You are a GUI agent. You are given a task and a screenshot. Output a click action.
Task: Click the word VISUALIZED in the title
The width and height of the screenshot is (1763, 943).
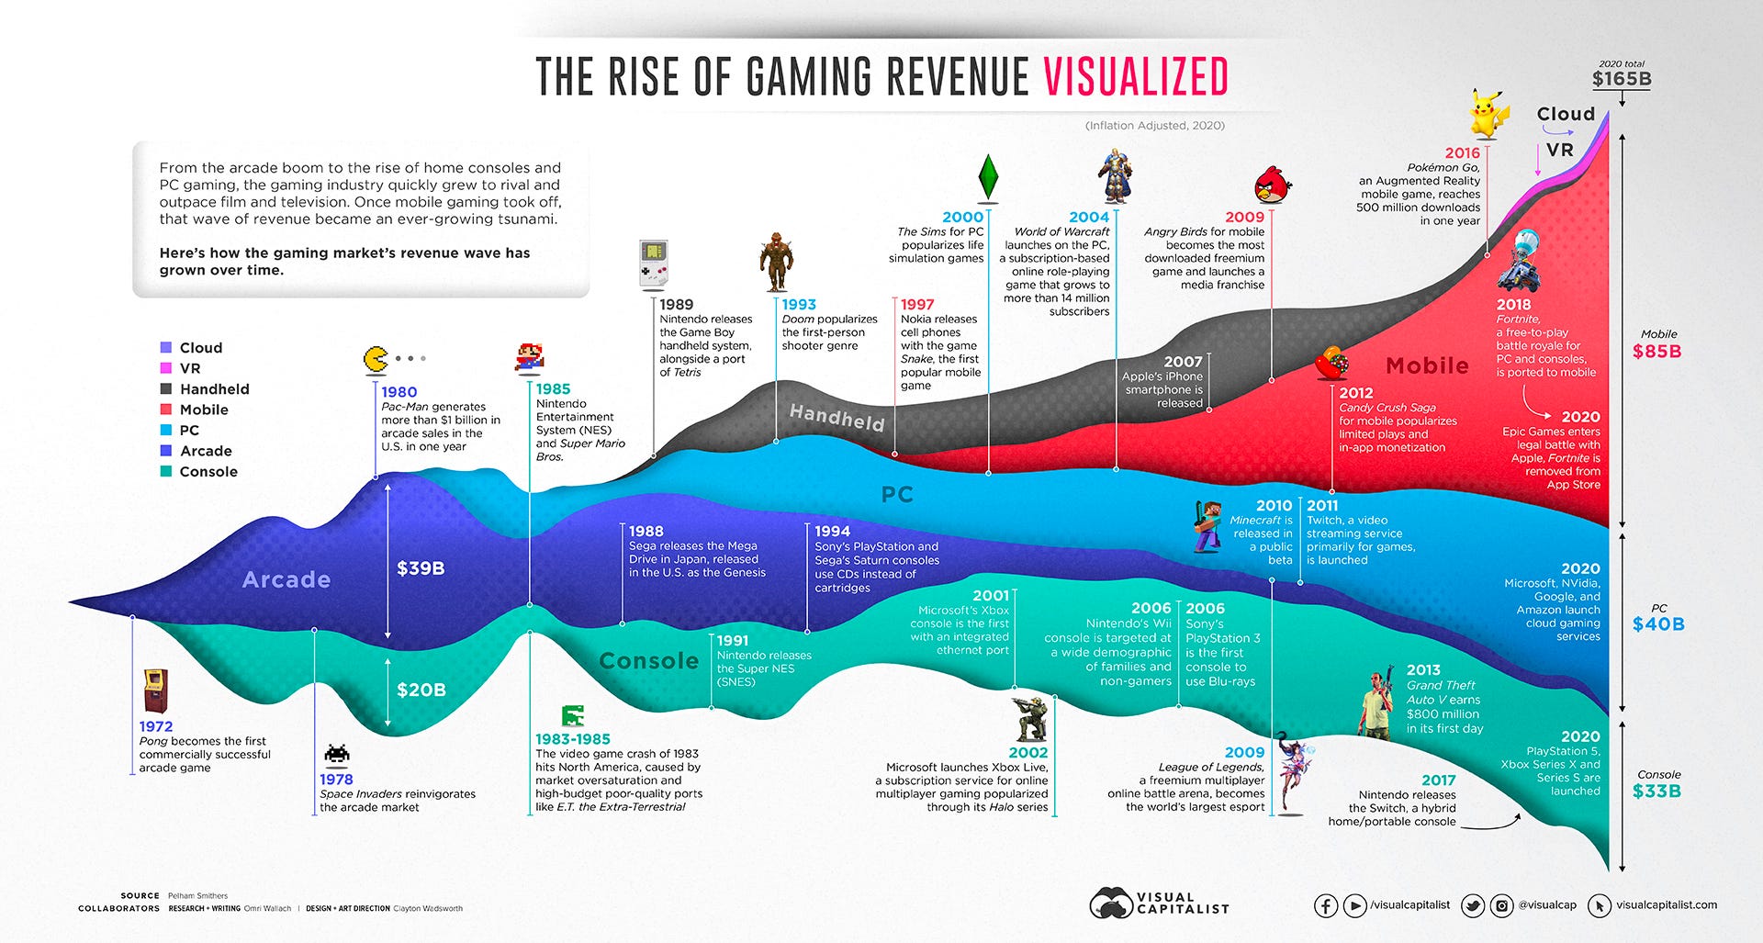coord(1135,76)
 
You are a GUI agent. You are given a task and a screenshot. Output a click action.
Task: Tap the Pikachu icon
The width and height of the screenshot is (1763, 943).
coord(1488,114)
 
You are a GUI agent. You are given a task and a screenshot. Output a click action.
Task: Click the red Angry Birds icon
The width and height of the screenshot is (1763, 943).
coord(1273,185)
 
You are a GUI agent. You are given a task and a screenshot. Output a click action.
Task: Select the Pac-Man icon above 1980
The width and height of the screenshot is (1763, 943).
coord(376,359)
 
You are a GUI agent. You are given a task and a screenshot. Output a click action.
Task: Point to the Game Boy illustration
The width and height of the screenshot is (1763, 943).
coord(653,264)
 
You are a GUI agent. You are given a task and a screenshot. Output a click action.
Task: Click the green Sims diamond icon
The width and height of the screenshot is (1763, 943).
coord(988,176)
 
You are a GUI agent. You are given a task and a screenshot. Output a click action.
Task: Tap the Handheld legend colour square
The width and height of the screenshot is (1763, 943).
coord(166,389)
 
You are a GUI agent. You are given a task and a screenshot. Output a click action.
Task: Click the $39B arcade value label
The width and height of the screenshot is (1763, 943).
coord(421,568)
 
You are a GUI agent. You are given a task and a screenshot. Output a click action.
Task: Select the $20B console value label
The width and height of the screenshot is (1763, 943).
coord(421,690)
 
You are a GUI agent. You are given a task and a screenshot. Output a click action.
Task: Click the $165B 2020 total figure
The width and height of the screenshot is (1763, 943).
coord(1622,79)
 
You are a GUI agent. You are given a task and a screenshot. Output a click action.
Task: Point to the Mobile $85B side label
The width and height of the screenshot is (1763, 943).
coord(1657,351)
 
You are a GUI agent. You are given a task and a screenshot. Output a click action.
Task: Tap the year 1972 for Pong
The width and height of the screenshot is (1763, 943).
coord(156,726)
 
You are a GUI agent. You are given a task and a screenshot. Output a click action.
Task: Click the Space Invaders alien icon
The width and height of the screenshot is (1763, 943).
coord(337,754)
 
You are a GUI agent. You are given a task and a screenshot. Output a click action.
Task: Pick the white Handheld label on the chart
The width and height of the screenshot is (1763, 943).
coord(837,417)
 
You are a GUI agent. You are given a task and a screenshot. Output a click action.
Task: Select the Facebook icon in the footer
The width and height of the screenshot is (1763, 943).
coord(1325,906)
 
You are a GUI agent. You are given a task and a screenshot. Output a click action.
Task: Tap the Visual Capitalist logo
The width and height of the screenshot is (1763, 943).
coord(1159,903)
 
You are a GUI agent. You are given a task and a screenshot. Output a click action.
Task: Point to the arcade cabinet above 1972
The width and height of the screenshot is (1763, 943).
coord(156,691)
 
